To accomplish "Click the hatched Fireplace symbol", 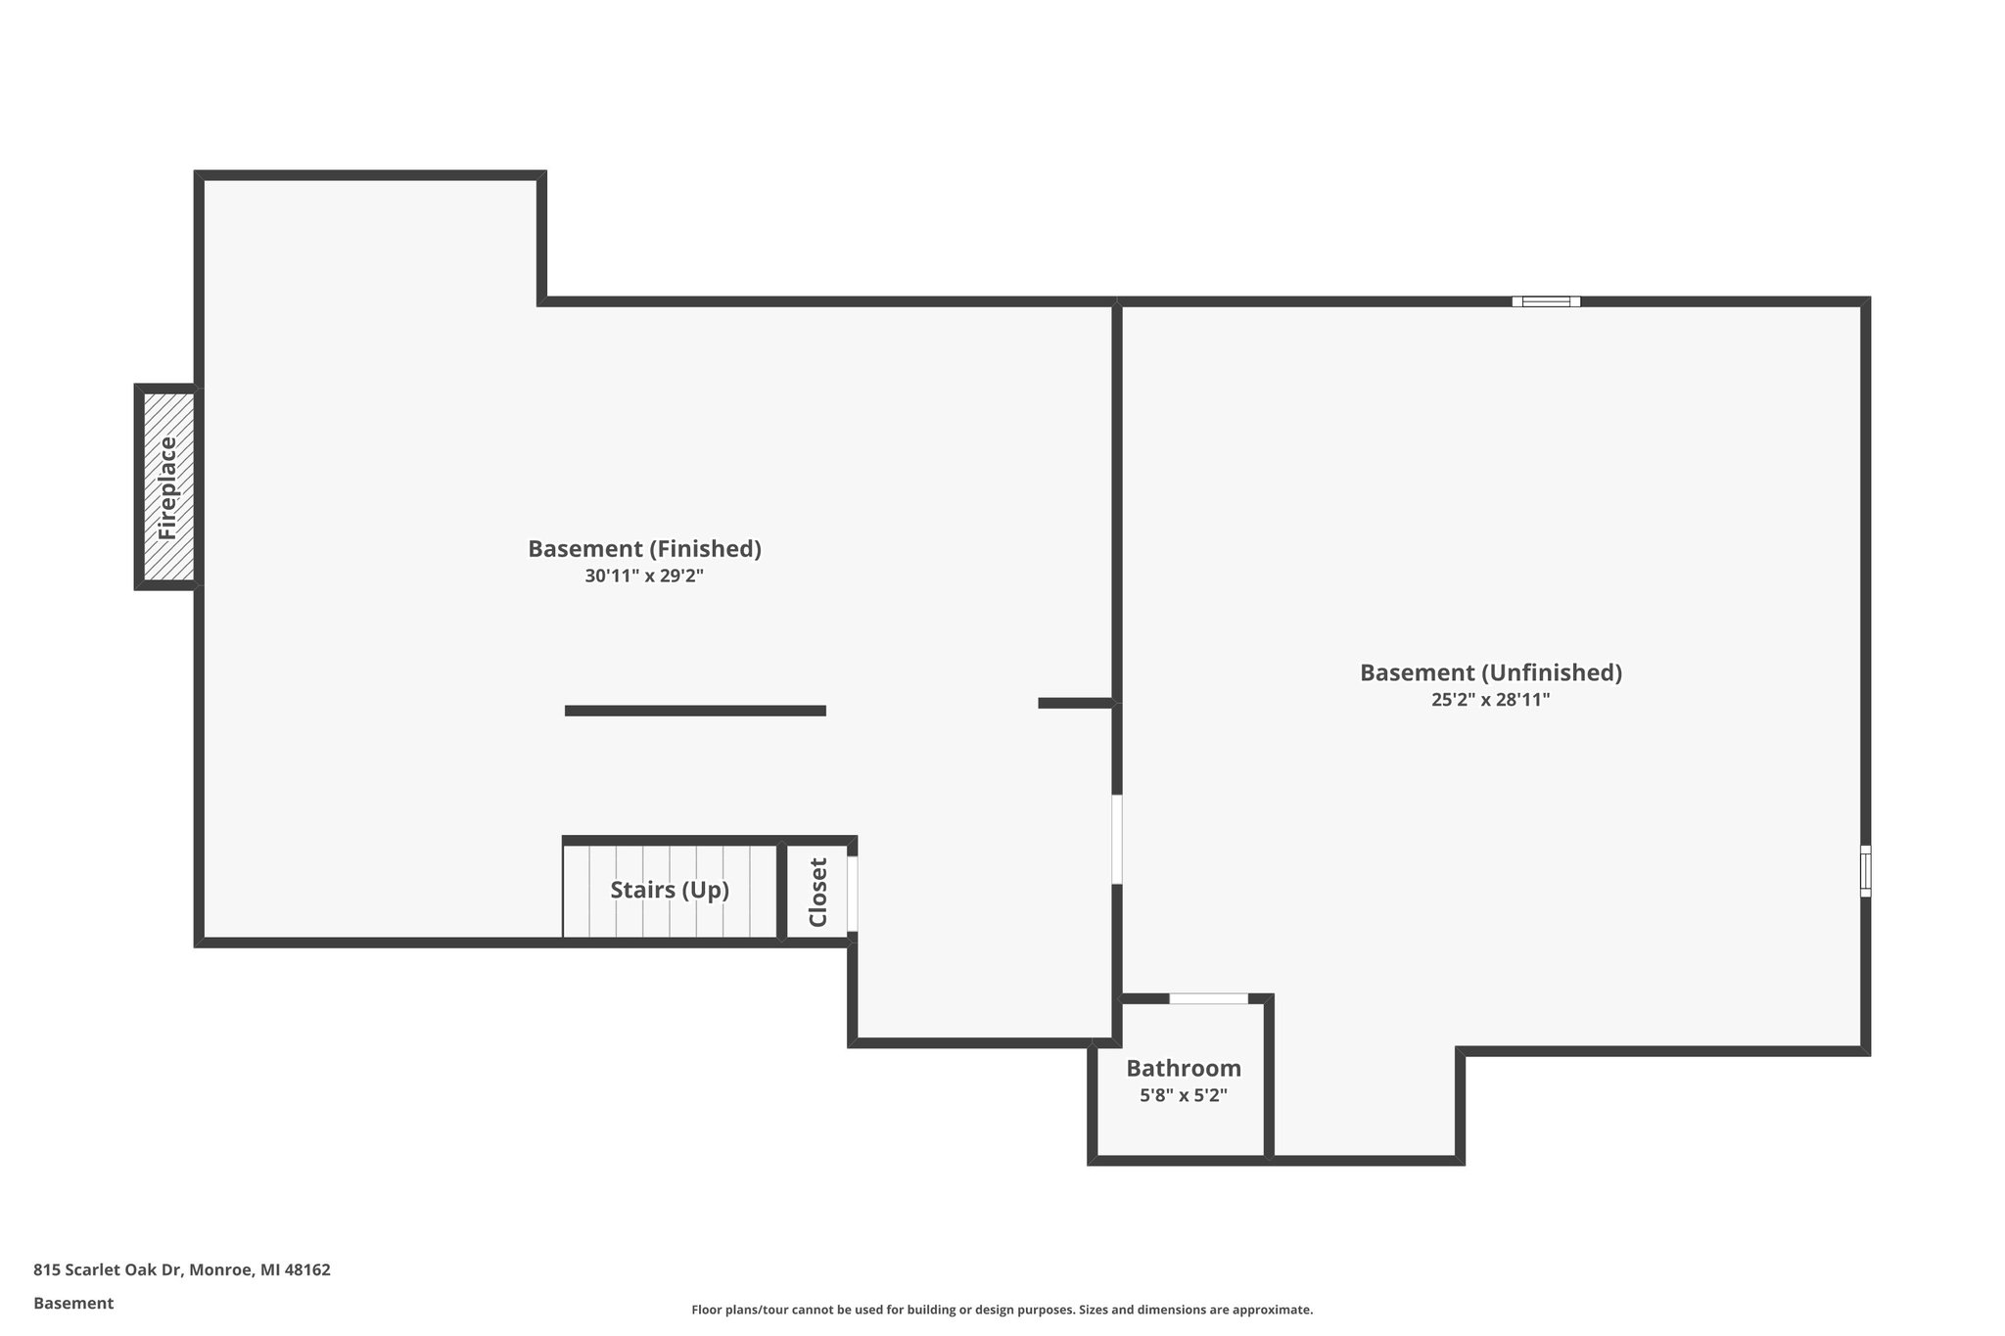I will pyautogui.click(x=167, y=487).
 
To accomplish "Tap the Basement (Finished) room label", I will pyautogui.click(x=644, y=549).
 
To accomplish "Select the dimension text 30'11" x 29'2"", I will pyautogui.click(x=644, y=576).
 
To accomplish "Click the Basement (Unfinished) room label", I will pyautogui.click(x=1490, y=673).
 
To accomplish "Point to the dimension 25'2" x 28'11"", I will pyautogui.click(x=1490, y=701).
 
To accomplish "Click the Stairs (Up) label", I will pyautogui.click(x=670, y=891).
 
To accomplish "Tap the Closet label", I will pyautogui.click(x=818, y=892).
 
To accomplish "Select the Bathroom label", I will pyautogui.click(x=1183, y=1069).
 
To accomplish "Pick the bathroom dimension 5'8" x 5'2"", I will pyautogui.click(x=1183, y=1096).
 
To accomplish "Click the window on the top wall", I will pyautogui.click(x=1546, y=301).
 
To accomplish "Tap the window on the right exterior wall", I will pyautogui.click(x=1865, y=871).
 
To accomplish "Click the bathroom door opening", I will pyautogui.click(x=1208, y=998).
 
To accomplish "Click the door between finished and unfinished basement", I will pyautogui.click(x=1117, y=839).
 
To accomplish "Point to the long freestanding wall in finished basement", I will pyautogui.click(x=695, y=711).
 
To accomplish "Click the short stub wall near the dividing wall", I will pyautogui.click(x=1075, y=703).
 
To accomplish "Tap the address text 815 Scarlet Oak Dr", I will pyautogui.click(x=108, y=1269).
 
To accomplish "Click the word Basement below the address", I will pyautogui.click(x=73, y=1303).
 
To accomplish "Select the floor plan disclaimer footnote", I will pyautogui.click(x=1002, y=1310).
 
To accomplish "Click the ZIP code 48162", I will pyautogui.click(x=308, y=1269).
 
